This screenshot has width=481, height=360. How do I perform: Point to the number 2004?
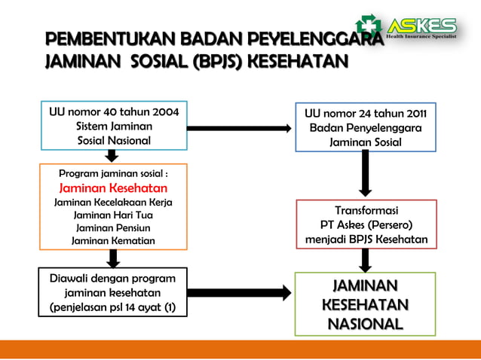pos(161,112)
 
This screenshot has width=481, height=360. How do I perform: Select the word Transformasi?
pos(366,210)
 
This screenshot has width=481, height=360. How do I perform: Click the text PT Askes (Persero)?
pos(366,225)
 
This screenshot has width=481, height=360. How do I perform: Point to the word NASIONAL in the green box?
pos(366,324)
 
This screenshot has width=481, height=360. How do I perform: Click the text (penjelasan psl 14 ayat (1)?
pos(112,307)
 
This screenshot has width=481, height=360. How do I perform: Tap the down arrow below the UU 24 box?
pos(366,172)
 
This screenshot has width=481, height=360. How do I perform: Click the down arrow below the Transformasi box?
pos(366,260)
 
